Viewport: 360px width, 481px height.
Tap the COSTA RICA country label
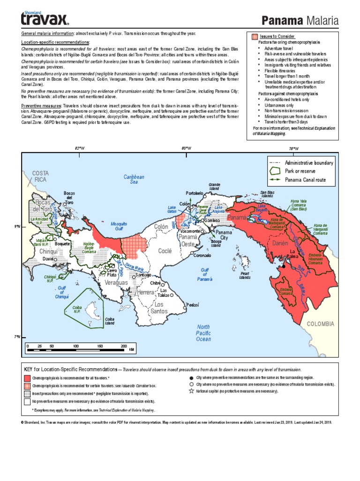pyautogui.click(x=40, y=176)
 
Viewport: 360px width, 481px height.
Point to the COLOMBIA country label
pyautogui.click(x=320, y=324)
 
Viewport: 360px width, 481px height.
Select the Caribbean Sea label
pyautogui.click(x=134, y=179)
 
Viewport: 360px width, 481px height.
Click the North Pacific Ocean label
pyautogui.click(x=203, y=333)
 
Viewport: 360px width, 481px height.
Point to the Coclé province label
pyautogui.click(x=165, y=251)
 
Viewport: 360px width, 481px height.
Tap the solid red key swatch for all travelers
pyautogui.click(x=27, y=378)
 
